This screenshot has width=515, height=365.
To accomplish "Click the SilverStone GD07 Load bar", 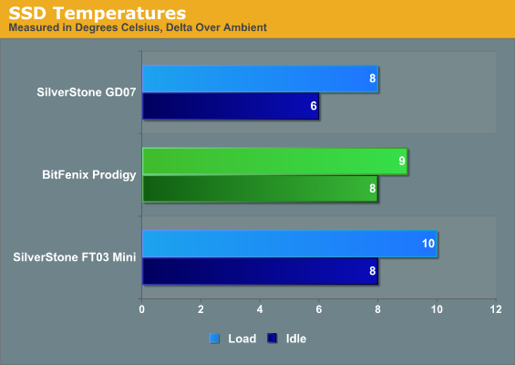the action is click(x=260, y=78).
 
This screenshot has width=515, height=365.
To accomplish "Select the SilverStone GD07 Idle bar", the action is click(x=231, y=106).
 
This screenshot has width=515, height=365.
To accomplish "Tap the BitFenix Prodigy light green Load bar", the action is click(x=275, y=162).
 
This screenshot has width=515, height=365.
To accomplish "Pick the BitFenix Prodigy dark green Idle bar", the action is click(x=260, y=189).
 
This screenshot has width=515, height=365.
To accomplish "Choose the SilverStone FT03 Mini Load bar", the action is click(x=290, y=244).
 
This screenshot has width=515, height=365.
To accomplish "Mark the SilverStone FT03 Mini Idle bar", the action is click(x=260, y=271).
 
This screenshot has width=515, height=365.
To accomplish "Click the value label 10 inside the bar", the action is click(x=428, y=244).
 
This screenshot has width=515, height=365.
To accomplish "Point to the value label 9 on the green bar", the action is click(x=402, y=161).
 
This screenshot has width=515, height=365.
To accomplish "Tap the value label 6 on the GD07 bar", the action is click(x=314, y=106).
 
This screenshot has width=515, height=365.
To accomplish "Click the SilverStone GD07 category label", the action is click(x=87, y=92).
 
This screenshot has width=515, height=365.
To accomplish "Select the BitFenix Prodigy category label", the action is click(x=89, y=174).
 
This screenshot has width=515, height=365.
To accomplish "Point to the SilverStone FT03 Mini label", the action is click(x=75, y=256).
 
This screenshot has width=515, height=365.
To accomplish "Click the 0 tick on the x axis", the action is click(x=141, y=309).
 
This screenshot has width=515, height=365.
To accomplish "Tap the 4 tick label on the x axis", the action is click(x=260, y=309).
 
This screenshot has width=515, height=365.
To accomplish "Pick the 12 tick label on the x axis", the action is click(x=496, y=309).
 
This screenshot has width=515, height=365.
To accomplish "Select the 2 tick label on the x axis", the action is click(x=201, y=309).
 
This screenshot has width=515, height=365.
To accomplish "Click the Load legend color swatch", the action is click(x=214, y=339).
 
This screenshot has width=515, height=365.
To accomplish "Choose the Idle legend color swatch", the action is click(x=272, y=339).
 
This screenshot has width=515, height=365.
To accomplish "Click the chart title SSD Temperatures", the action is click(x=98, y=14).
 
